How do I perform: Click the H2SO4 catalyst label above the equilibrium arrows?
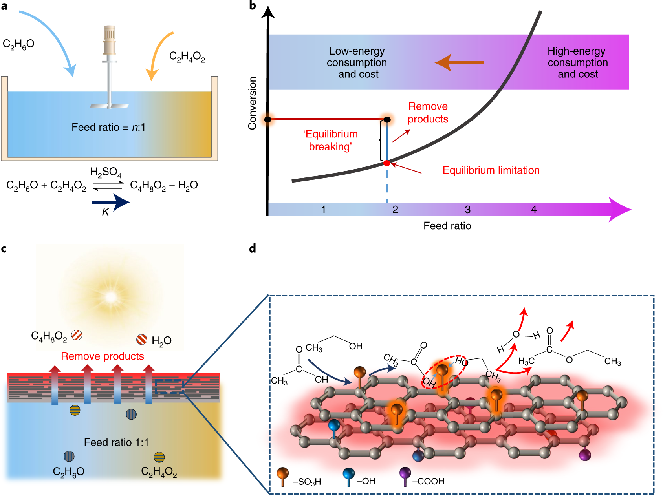tap(106, 172)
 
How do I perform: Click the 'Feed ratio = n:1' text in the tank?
tap(108, 127)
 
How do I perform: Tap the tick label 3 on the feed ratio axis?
tap(467, 210)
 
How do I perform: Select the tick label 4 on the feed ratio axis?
tap(533, 210)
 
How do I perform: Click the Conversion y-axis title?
tap(252, 103)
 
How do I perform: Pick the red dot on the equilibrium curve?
tap(387, 163)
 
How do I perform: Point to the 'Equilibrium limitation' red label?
tap(491, 170)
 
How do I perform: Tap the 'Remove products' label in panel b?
tap(428, 113)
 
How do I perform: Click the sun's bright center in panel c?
tap(111, 297)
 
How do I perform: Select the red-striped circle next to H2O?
tap(141, 339)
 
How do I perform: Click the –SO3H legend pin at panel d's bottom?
tap(282, 475)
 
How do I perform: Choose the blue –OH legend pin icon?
tap(348, 475)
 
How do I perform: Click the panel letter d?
tap(253, 248)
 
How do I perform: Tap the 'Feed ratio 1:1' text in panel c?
tap(116, 442)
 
